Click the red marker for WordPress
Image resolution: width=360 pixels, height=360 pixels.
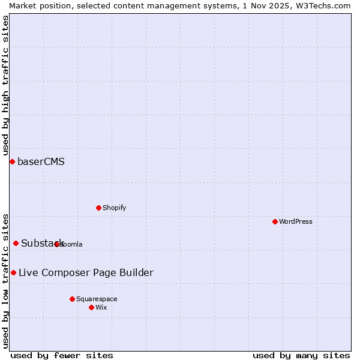(275, 221)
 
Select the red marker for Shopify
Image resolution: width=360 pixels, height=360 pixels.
(98, 208)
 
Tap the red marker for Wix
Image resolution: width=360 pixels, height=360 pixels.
(91, 307)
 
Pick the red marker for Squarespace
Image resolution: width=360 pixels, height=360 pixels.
(72, 299)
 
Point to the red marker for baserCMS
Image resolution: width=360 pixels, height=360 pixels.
(12, 161)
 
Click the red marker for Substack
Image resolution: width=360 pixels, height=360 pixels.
(16, 243)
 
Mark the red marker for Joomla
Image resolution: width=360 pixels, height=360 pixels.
(57, 244)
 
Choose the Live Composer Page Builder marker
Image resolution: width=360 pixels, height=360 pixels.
(13, 272)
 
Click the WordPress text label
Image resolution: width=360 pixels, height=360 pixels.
(296, 221)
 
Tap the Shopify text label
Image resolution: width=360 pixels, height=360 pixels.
(114, 208)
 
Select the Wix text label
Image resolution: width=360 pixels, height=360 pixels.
(101, 307)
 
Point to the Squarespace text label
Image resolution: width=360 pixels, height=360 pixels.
(97, 299)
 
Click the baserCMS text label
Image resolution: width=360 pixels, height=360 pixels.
(41, 161)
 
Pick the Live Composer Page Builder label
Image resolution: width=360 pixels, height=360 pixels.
(86, 272)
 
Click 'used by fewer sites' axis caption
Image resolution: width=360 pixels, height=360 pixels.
(62, 355)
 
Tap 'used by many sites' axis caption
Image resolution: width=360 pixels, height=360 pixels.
(301, 355)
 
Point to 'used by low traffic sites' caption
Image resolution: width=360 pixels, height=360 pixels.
(5, 281)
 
